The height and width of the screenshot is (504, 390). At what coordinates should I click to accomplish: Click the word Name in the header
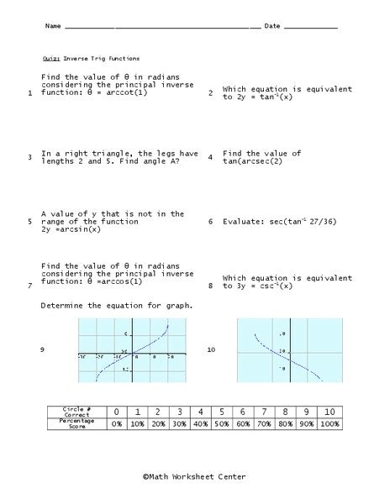tap(53, 27)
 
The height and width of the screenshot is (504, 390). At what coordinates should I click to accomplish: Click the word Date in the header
tap(272, 27)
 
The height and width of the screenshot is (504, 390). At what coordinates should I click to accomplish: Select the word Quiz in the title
tap(49, 60)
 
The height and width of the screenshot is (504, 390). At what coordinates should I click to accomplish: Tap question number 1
tap(29, 94)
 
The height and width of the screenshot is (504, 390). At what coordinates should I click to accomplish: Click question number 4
tap(210, 157)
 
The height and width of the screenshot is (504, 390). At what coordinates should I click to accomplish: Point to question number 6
tap(210, 223)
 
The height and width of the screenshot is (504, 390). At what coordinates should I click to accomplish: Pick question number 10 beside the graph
tap(211, 349)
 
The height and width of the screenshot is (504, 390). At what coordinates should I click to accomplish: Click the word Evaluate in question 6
tap(244, 223)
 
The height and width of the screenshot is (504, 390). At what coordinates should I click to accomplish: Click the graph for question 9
tap(126, 349)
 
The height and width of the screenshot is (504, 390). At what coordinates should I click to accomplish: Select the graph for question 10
tap(288, 349)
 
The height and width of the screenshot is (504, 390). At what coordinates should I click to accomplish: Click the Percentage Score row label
tap(76, 424)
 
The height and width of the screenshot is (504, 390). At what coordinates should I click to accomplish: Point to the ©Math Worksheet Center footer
tap(194, 476)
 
